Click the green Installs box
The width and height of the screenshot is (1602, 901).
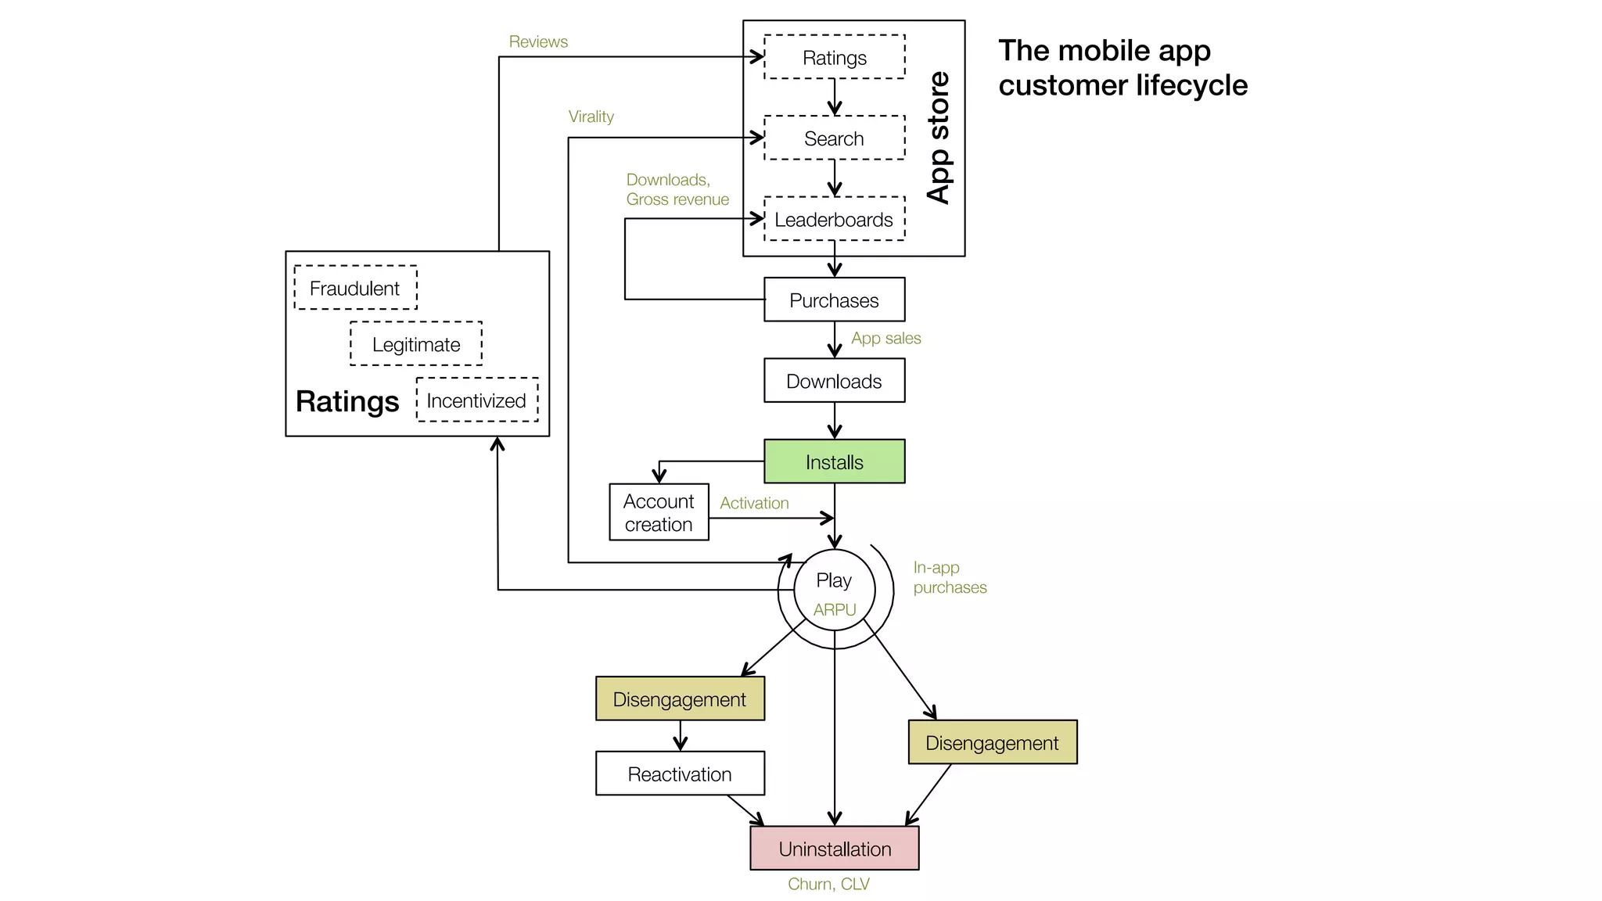point(834,461)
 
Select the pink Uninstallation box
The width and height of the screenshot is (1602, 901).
point(834,849)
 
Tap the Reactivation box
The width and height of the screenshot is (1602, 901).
point(679,774)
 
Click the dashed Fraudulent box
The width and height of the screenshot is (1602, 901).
point(355,288)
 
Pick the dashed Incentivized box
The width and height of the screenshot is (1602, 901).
point(476,400)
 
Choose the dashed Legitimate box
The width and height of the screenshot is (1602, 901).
point(415,344)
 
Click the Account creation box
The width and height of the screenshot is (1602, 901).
point(659,512)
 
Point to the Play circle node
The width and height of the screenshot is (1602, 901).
point(834,588)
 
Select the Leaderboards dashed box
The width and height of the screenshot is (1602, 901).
point(834,219)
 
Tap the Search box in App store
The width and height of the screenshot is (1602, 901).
point(834,138)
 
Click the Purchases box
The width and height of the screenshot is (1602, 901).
point(834,300)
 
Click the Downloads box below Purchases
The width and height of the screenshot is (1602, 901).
point(834,381)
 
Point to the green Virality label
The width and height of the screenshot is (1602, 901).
point(591,117)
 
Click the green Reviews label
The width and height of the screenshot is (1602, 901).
point(538,41)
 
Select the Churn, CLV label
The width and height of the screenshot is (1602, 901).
point(828,884)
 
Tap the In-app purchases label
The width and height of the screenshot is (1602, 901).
point(949,577)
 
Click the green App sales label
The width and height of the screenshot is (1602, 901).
point(885,338)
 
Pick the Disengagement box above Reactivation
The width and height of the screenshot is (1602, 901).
point(679,698)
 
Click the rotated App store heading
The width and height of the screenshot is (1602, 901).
point(938,138)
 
